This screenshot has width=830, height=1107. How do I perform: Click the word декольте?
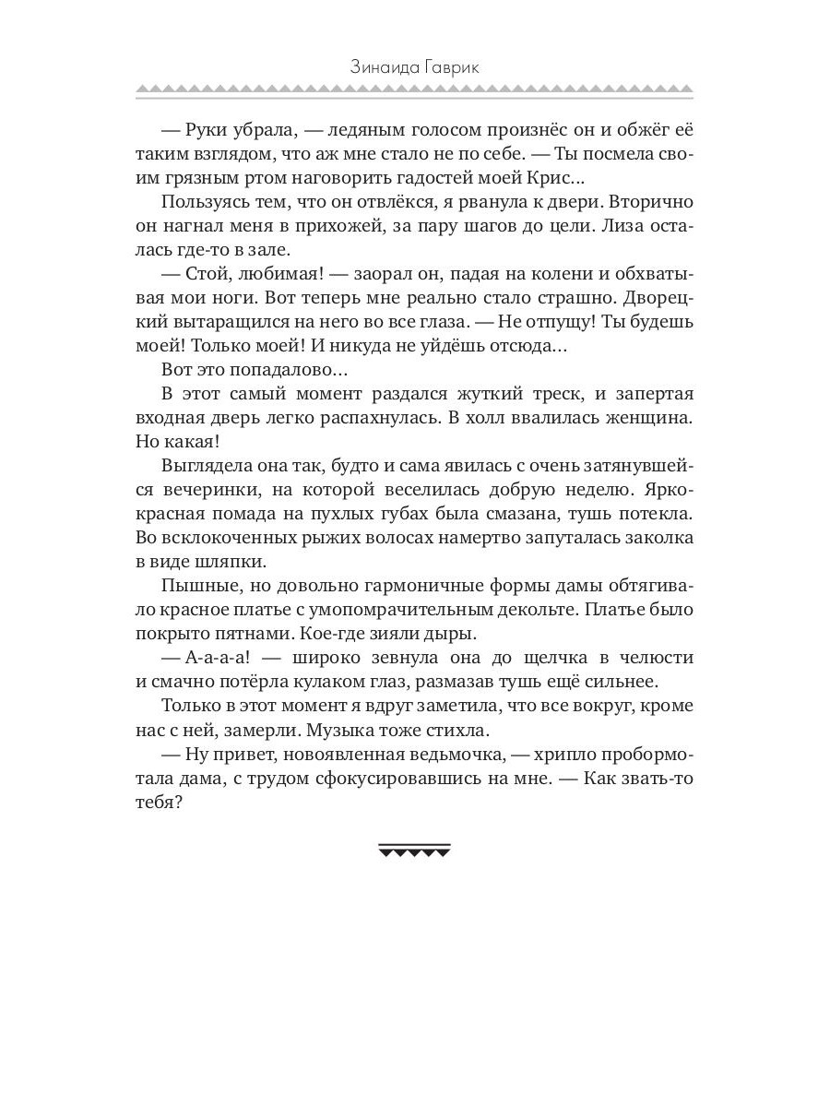520,610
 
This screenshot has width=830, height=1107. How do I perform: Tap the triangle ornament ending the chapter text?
414,851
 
